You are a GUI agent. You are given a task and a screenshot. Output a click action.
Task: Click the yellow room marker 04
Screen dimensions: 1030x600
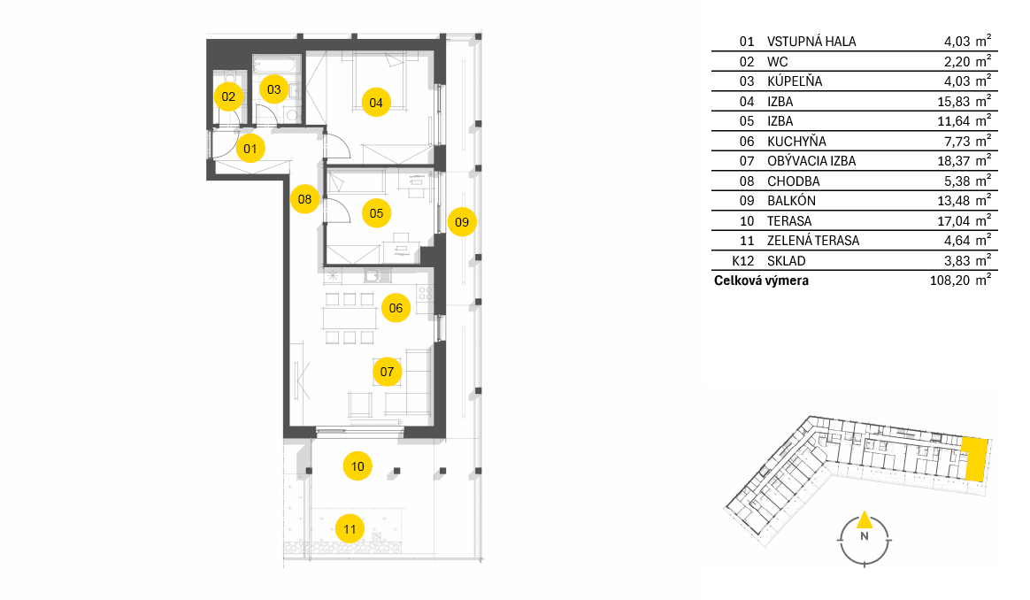click(376, 103)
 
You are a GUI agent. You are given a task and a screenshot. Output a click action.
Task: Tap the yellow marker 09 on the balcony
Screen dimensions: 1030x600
click(462, 222)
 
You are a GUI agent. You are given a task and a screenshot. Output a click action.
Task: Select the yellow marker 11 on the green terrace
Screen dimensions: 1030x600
click(350, 529)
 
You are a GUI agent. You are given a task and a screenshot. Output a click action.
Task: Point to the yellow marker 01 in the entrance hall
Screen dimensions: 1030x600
click(250, 149)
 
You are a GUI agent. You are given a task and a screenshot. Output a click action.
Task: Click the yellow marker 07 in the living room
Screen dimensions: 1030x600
click(387, 372)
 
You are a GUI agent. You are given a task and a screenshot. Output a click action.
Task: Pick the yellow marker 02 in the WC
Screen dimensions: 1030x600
click(228, 96)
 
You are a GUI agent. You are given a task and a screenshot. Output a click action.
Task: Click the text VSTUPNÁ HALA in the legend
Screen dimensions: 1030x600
click(811, 42)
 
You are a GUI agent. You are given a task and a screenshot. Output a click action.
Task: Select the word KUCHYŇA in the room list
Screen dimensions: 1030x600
click(796, 142)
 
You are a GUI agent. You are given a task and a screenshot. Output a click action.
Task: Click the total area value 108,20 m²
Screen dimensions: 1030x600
click(960, 280)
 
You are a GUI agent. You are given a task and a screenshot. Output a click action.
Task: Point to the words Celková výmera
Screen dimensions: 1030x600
click(761, 281)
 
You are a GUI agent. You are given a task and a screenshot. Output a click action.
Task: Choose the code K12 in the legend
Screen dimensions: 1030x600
click(743, 261)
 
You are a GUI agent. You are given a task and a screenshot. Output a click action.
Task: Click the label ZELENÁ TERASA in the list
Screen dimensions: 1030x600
click(813, 241)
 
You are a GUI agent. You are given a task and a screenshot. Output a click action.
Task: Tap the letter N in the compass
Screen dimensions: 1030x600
click(865, 536)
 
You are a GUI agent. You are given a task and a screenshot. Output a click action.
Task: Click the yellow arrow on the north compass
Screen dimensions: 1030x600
click(865, 519)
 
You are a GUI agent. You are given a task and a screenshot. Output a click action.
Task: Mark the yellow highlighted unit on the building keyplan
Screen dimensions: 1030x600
click(975, 459)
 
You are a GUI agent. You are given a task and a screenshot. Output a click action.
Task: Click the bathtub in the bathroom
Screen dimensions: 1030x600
click(277, 65)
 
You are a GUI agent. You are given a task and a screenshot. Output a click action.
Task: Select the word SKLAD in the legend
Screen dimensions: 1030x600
click(787, 261)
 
